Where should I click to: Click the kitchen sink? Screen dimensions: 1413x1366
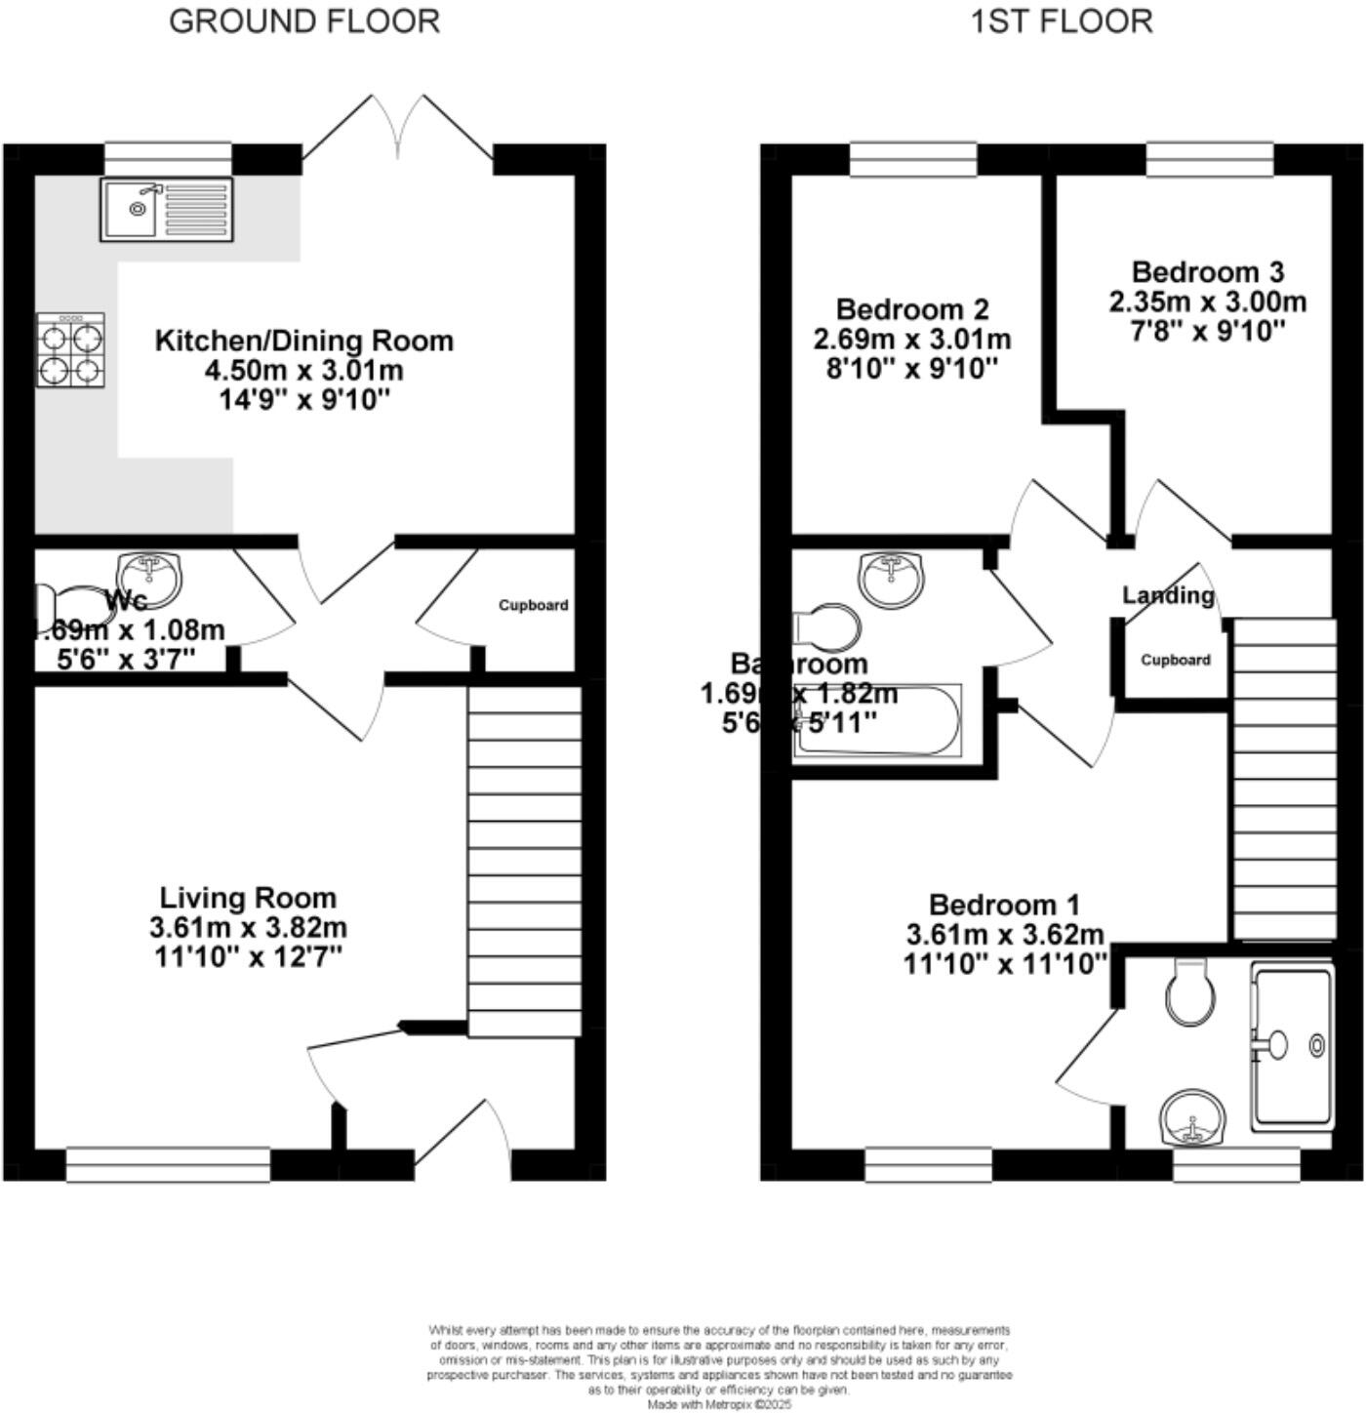[167, 210]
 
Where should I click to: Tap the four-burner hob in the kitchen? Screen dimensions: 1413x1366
[71, 350]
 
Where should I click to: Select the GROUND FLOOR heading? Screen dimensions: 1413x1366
[304, 21]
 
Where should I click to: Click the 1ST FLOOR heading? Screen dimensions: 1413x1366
[1061, 21]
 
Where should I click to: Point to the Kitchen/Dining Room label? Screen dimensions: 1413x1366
[304, 341]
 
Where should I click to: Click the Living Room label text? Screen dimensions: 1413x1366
[248, 898]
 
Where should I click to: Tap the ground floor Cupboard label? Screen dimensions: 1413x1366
[533, 605]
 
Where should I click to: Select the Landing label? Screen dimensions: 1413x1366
[1168, 595]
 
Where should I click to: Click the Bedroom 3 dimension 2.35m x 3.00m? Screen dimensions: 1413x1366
[1207, 302]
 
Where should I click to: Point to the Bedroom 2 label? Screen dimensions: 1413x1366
[912, 309]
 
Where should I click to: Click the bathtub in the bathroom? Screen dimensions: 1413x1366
[878, 722]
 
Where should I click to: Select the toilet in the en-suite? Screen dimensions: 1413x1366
[1190, 990]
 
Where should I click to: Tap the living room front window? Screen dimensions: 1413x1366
[168, 1165]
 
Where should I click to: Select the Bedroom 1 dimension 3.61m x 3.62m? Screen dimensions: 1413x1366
[1005, 935]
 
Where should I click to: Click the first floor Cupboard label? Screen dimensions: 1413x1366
[1176, 660]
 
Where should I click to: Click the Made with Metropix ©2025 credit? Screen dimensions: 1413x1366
[720, 1404]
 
